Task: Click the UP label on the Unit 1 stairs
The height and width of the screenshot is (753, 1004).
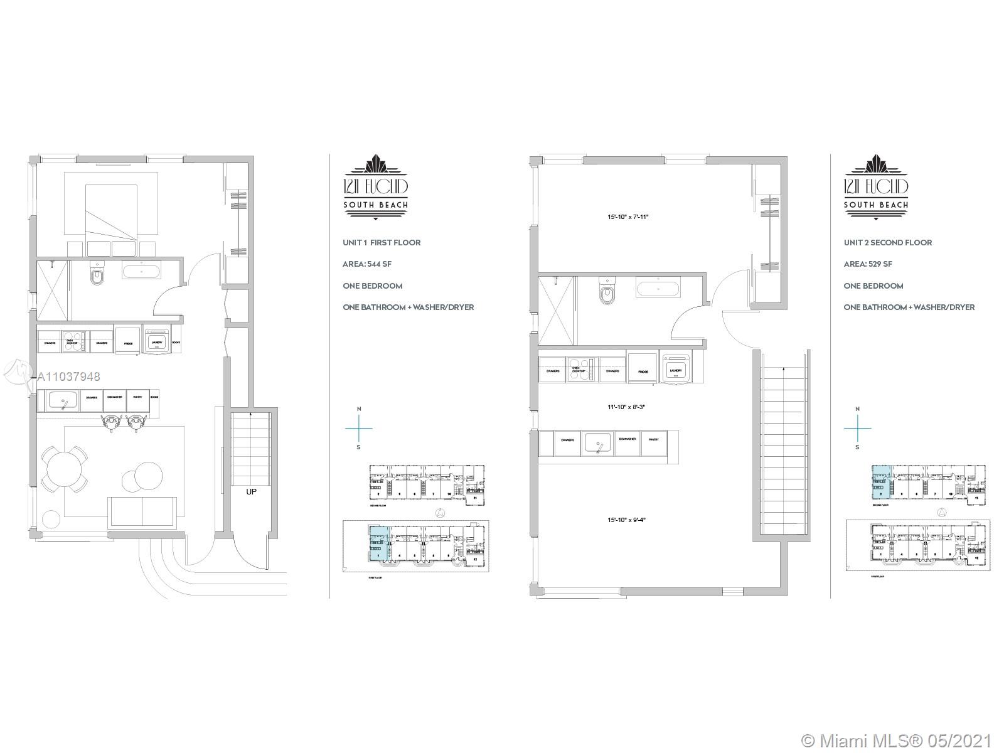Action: [x=251, y=492]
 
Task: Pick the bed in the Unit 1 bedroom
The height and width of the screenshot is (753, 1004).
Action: [x=110, y=211]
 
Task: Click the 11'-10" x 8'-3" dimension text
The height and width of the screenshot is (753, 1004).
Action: [x=626, y=407]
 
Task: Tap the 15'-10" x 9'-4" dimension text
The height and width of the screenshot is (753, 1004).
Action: [x=626, y=520]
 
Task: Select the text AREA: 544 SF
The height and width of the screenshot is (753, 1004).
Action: [x=367, y=264]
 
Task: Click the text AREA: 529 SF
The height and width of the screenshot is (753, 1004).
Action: [x=868, y=264]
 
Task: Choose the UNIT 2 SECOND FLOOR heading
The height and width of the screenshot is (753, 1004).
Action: [x=887, y=242]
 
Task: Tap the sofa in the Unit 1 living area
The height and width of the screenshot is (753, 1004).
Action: [x=142, y=511]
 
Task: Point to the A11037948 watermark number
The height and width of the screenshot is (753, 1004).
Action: [x=69, y=377]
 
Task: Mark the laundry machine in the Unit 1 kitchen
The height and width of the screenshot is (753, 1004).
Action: [x=156, y=341]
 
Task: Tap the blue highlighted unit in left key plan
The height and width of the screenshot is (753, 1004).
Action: [x=378, y=543]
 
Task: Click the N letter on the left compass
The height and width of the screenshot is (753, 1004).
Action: [x=359, y=409]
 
